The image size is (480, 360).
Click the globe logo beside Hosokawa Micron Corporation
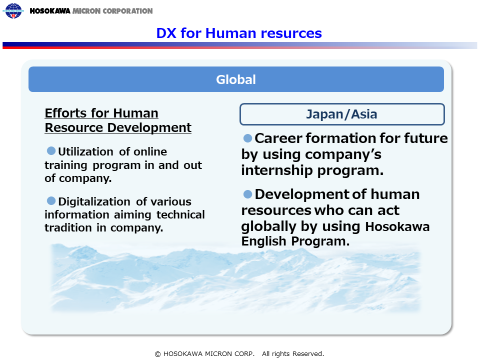point(13,10)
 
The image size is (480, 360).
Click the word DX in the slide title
point(166,33)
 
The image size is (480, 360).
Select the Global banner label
point(235,79)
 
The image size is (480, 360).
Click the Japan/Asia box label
point(341,114)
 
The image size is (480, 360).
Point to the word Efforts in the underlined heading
point(65,113)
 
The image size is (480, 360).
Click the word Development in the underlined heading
point(149,127)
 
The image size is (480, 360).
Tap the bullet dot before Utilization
point(51,150)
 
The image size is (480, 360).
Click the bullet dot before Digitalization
point(51,201)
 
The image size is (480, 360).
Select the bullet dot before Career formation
point(247,138)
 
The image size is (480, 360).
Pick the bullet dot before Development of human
point(247,194)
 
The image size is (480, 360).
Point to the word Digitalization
point(94,202)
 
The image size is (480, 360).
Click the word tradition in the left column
point(68,228)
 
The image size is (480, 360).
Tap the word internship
point(277,170)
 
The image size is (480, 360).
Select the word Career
point(278,138)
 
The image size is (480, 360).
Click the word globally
point(268,227)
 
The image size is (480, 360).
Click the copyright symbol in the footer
point(157,354)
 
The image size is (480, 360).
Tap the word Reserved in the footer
point(308,354)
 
